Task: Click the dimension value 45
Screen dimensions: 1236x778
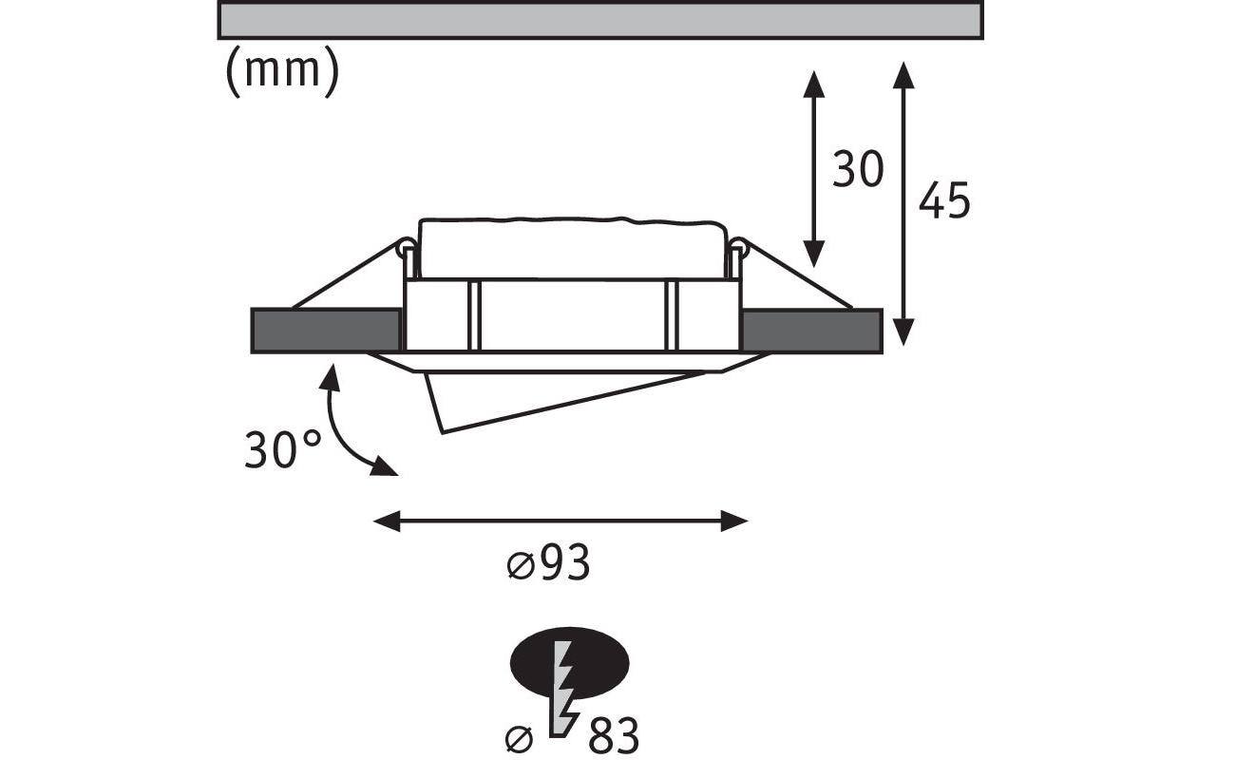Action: tap(944, 199)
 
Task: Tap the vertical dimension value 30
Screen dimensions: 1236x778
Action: tap(858, 168)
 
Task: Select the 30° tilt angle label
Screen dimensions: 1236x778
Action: tap(282, 449)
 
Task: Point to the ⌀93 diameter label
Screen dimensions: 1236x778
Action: tap(548, 562)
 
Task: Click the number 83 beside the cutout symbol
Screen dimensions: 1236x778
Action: tap(614, 735)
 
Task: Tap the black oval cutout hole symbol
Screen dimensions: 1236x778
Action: tap(569, 663)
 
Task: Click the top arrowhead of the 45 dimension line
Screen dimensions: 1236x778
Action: tap(903, 74)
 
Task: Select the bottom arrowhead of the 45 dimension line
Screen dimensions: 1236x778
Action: tap(903, 332)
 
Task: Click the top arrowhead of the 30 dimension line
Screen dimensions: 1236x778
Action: tap(814, 84)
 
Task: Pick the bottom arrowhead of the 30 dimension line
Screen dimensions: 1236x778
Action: tap(814, 255)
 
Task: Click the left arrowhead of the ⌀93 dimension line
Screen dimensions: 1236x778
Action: tap(387, 521)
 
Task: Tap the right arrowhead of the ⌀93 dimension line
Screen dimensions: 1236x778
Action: tap(734, 521)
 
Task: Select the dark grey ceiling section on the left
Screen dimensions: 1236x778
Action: tap(326, 331)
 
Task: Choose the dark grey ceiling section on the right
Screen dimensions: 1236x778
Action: tap(811, 331)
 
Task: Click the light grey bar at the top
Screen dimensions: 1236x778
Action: tap(600, 20)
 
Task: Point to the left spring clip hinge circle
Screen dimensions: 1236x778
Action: tap(407, 246)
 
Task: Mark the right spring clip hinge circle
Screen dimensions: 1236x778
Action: tap(738, 246)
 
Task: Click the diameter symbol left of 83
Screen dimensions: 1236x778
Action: tap(520, 739)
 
